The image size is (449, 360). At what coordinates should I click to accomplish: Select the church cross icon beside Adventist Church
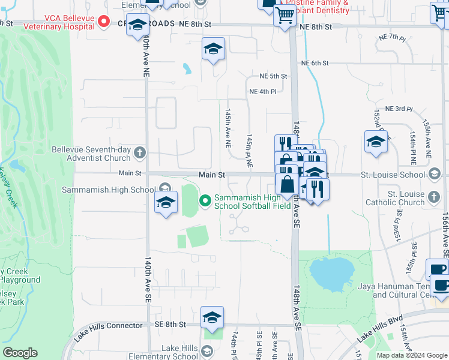click(x=140, y=152)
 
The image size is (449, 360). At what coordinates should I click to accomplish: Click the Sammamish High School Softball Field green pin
click(x=205, y=200)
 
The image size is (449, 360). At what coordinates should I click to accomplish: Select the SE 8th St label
click(x=171, y=324)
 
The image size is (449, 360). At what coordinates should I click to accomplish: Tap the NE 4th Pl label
click(x=263, y=92)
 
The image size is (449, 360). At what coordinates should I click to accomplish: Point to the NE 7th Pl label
click(x=393, y=37)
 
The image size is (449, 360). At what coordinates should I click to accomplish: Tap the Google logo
click(x=20, y=353)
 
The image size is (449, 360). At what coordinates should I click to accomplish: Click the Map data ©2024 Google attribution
click(x=411, y=355)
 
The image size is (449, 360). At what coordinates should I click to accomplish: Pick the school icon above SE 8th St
click(x=212, y=317)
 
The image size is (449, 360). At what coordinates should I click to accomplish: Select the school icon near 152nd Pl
click(x=376, y=142)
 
